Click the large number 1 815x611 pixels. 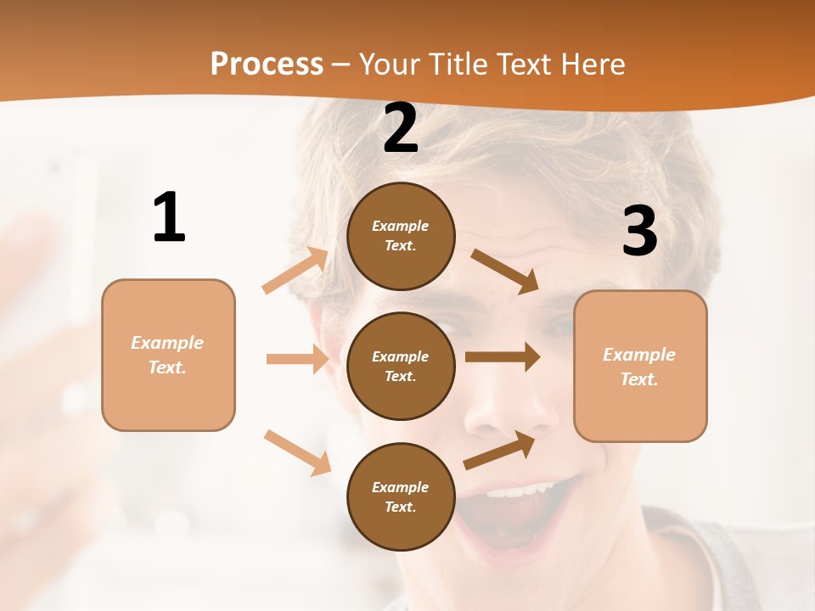tap(169, 217)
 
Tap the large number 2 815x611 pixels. tap(401, 128)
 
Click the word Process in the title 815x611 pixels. tap(267, 64)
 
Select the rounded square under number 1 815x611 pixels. tap(168, 355)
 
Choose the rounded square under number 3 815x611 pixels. tap(640, 366)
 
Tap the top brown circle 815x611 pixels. tap(401, 236)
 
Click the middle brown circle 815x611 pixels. tap(401, 366)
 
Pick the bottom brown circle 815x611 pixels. tap(401, 496)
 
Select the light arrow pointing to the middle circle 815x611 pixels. tap(297, 359)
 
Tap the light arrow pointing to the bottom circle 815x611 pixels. tap(297, 452)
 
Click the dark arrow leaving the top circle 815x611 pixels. tap(504, 272)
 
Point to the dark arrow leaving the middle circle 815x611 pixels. tap(503, 357)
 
